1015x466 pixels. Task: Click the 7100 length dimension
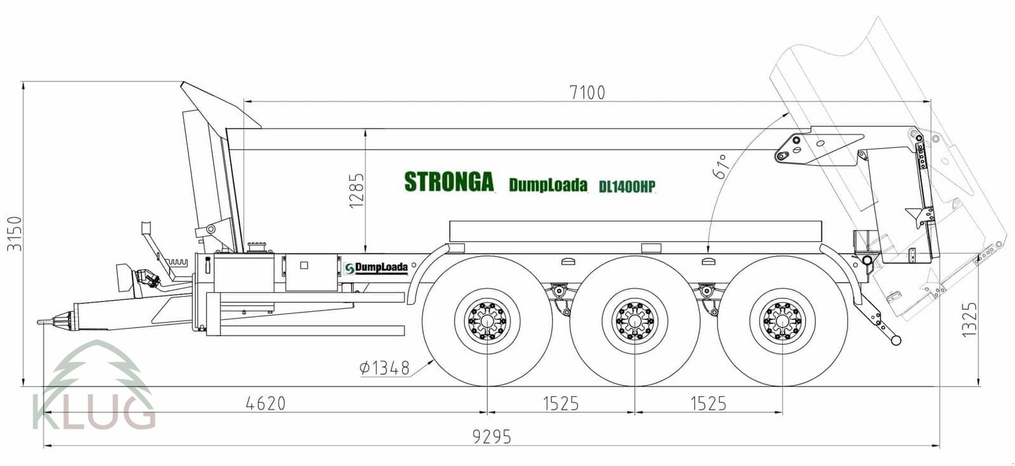click(x=587, y=93)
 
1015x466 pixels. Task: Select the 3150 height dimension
click(x=14, y=234)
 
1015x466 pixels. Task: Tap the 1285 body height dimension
click(x=357, y=190)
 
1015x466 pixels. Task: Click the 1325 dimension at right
click(x=970, y=319)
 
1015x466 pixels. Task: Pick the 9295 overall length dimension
click(x=492, y=437)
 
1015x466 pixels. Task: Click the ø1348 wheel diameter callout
click(x=384, y=368)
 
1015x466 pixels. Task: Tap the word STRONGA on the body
click(x=449, y=182)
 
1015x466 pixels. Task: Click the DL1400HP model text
click(x=627, y=187)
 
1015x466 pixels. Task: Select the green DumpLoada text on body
click(x=548, y=185)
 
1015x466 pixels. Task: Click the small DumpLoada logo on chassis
click(x=377, y=268)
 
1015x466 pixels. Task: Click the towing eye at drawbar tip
click(x=42, y=323)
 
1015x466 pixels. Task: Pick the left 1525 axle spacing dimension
click(x=561, y=403)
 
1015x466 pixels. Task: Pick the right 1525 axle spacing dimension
click(x=708, y=403)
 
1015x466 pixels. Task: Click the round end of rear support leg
click(x=896, y=341)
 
